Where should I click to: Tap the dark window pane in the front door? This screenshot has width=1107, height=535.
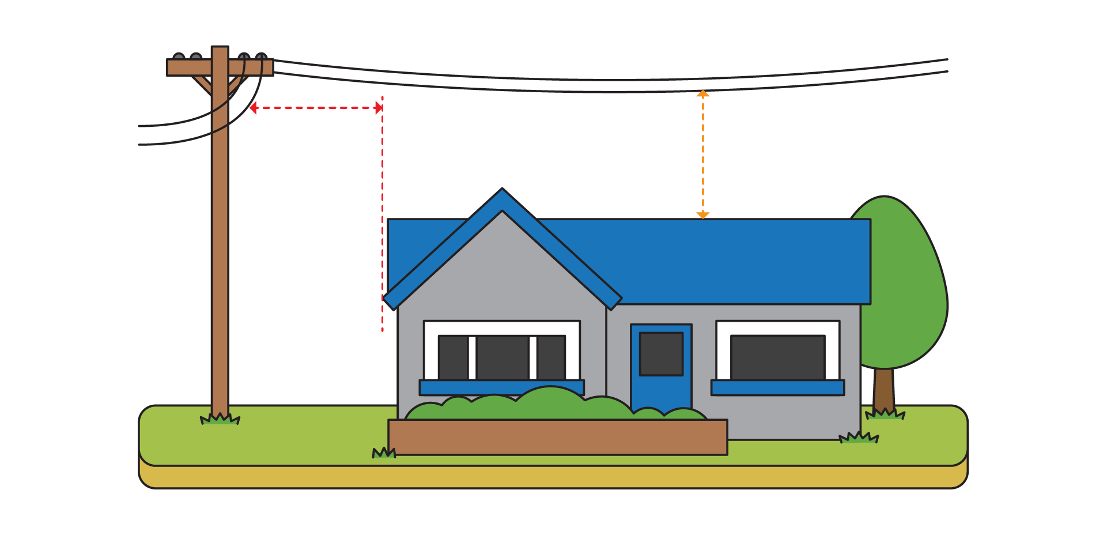pyautogui.click(x=661, y=353)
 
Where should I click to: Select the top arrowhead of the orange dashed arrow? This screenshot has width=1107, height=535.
pyautogui.click(x=702, y=93)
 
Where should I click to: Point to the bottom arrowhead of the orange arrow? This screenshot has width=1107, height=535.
pyautogui.click(x=702, y=215)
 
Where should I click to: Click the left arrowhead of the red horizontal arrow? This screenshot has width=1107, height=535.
pyautogui.click(x=253, y=108)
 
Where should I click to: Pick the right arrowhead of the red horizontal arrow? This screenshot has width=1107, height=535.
pyautogui.click(x=379, y=108)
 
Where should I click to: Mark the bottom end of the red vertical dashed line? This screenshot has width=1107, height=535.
pyautogui.click(x=382, y=330)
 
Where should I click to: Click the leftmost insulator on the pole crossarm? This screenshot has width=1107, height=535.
pyautogui.click(x=179, y=56)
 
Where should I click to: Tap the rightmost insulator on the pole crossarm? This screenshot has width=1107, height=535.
pyautogui.click(x=261, y=56)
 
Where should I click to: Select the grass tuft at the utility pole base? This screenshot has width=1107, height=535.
pyautogui.click(x=220, y=419)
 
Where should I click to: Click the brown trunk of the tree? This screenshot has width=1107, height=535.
pyautogui.click(x=884, y=389)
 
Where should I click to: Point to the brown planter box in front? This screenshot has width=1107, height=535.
pyautogui.click(x=557, y=437)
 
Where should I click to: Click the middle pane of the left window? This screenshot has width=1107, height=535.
pyautogui.click(x=502, y=357)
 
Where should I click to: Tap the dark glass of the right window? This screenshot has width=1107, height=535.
pyautogui.click(x=777, y=357)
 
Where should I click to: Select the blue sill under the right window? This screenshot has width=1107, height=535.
pyautogui.click(x=777, y=387)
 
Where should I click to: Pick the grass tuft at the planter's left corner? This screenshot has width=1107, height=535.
pyautogui.click(x=384, y=453)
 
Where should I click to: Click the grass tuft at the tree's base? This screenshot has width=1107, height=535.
pyautogui.click(x=885, y=414)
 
